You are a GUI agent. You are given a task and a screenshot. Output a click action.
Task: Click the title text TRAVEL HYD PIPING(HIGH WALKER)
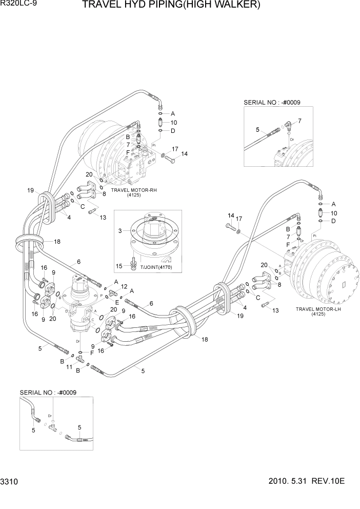point(178,6)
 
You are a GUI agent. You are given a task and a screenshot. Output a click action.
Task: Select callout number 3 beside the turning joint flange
point(120,232)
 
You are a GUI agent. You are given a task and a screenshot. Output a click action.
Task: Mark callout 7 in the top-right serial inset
point(299,121)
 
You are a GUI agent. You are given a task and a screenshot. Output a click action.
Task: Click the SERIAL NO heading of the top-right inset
point(272,103)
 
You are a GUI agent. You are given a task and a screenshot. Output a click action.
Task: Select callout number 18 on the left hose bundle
point(57,241)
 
